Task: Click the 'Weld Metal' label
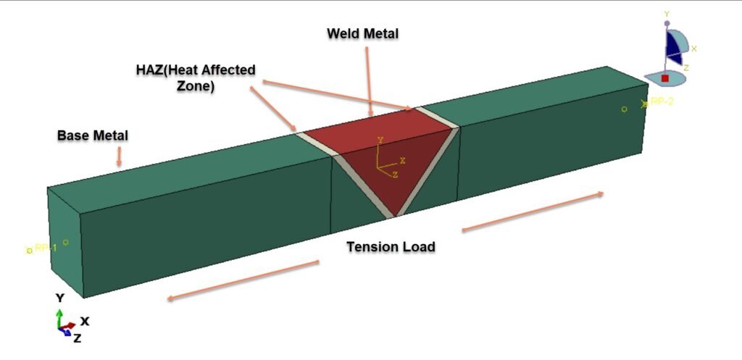pyautogui.click(x=362, y=33)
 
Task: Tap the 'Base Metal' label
pyautogui.click(x=93, y=135)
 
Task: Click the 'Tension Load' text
pyautogui.click(x=391, y=247)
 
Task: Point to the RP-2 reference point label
pyautogui.click(x=661, y=102)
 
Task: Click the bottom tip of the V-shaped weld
pyautogui.click(x=393, y=214)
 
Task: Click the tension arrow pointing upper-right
pyautogui.click(x=533, y=212)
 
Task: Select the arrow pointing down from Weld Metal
pyautogui.click(x=369, y=80)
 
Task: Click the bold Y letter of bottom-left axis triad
pyautogui.click(x=61, y=298)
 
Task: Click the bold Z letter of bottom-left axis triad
pyautogui.click(x=77, y=338)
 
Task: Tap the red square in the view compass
pyautogui.click(x=665, y=78)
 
